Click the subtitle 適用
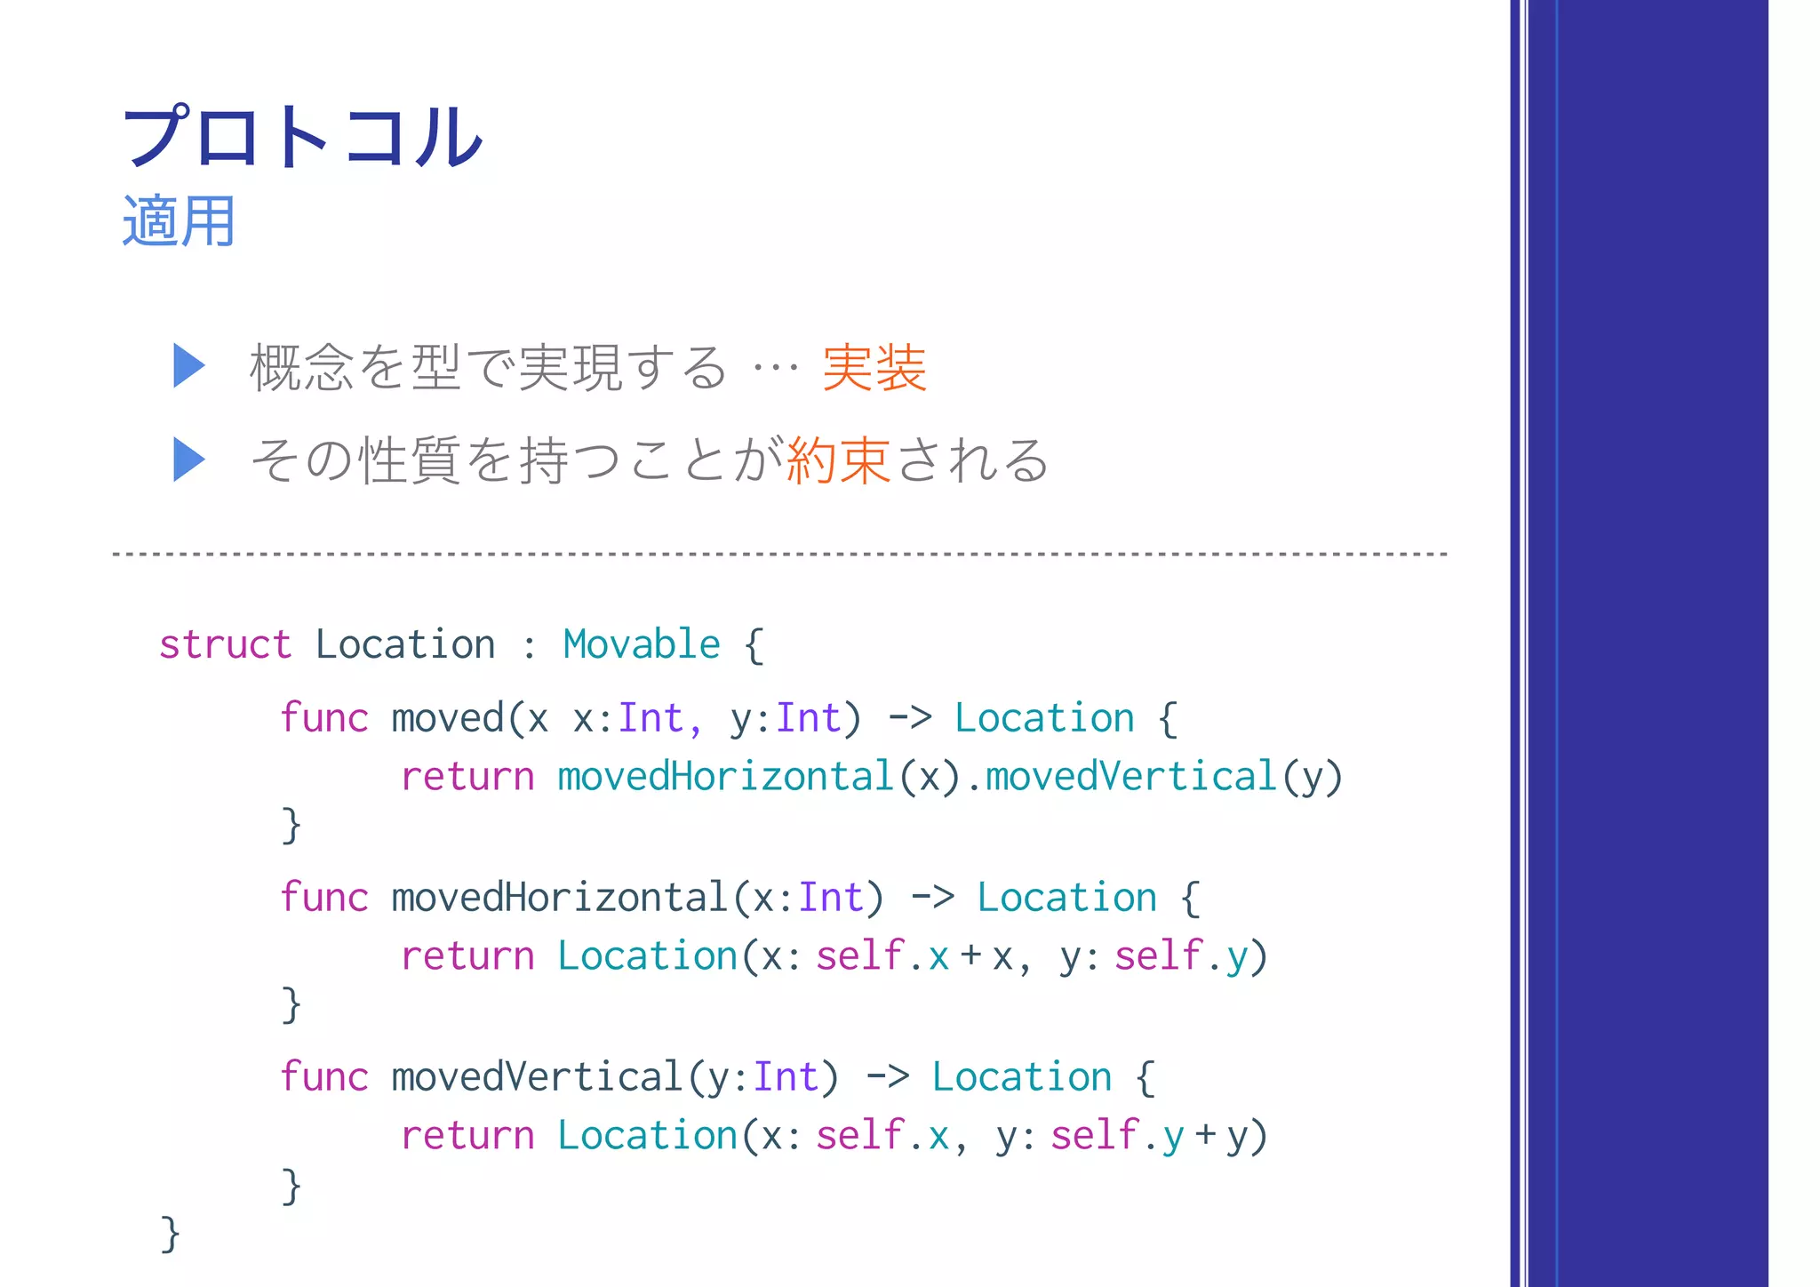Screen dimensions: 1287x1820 click(x=179, y=221)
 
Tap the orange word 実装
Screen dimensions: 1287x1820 click(x=874, y=367)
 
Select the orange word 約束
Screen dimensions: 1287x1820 click(x=838, y=460)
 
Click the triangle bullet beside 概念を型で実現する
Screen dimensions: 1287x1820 click(x=188, y=365)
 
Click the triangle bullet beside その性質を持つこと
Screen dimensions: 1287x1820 click(x=188, y=460)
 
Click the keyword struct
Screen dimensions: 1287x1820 click(x=225, y=644)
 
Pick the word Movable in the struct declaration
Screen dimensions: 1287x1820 click(x=641, y=644)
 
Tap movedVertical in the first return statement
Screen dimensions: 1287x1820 click(x=1130, y=777)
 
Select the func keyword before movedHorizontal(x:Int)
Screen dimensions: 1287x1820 click(x=323, y=898)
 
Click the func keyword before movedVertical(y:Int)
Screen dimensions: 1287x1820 click(x=323, y=1077)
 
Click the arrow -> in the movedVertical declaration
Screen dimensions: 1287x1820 click(x=886, y=1077)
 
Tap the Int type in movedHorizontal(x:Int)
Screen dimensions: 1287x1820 click(x=830, y=898)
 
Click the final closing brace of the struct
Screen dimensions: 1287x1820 click(x=170, y=1234)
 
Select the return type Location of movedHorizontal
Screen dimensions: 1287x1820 click(x=1066, y=898)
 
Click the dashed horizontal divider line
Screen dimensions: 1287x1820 click(x=780, y=554)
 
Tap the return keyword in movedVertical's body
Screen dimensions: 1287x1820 click(x=467, y=1136)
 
